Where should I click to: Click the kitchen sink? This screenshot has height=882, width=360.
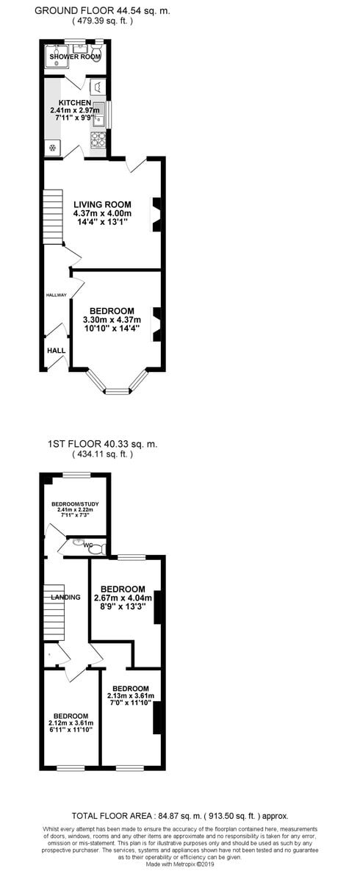click(99, 115)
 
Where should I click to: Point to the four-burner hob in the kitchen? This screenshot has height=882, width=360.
click(98, 140)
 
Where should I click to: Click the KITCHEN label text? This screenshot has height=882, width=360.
click(75, 103)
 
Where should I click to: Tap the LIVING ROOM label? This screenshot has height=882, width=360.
click(102, 204)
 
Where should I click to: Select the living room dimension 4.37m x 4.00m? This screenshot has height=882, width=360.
click(102, 213)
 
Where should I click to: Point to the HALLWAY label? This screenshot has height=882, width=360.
click(57, 295)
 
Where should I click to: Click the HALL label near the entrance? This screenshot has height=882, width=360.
click(56, 351)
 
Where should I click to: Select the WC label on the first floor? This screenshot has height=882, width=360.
click(87, 545)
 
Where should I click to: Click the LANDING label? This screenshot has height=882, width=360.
click(65, 597)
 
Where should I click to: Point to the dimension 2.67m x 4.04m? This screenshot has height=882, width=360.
click(123, 598)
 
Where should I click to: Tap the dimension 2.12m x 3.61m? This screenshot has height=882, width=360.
click(71, 724)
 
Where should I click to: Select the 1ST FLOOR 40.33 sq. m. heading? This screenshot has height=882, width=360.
click(102, 444)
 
